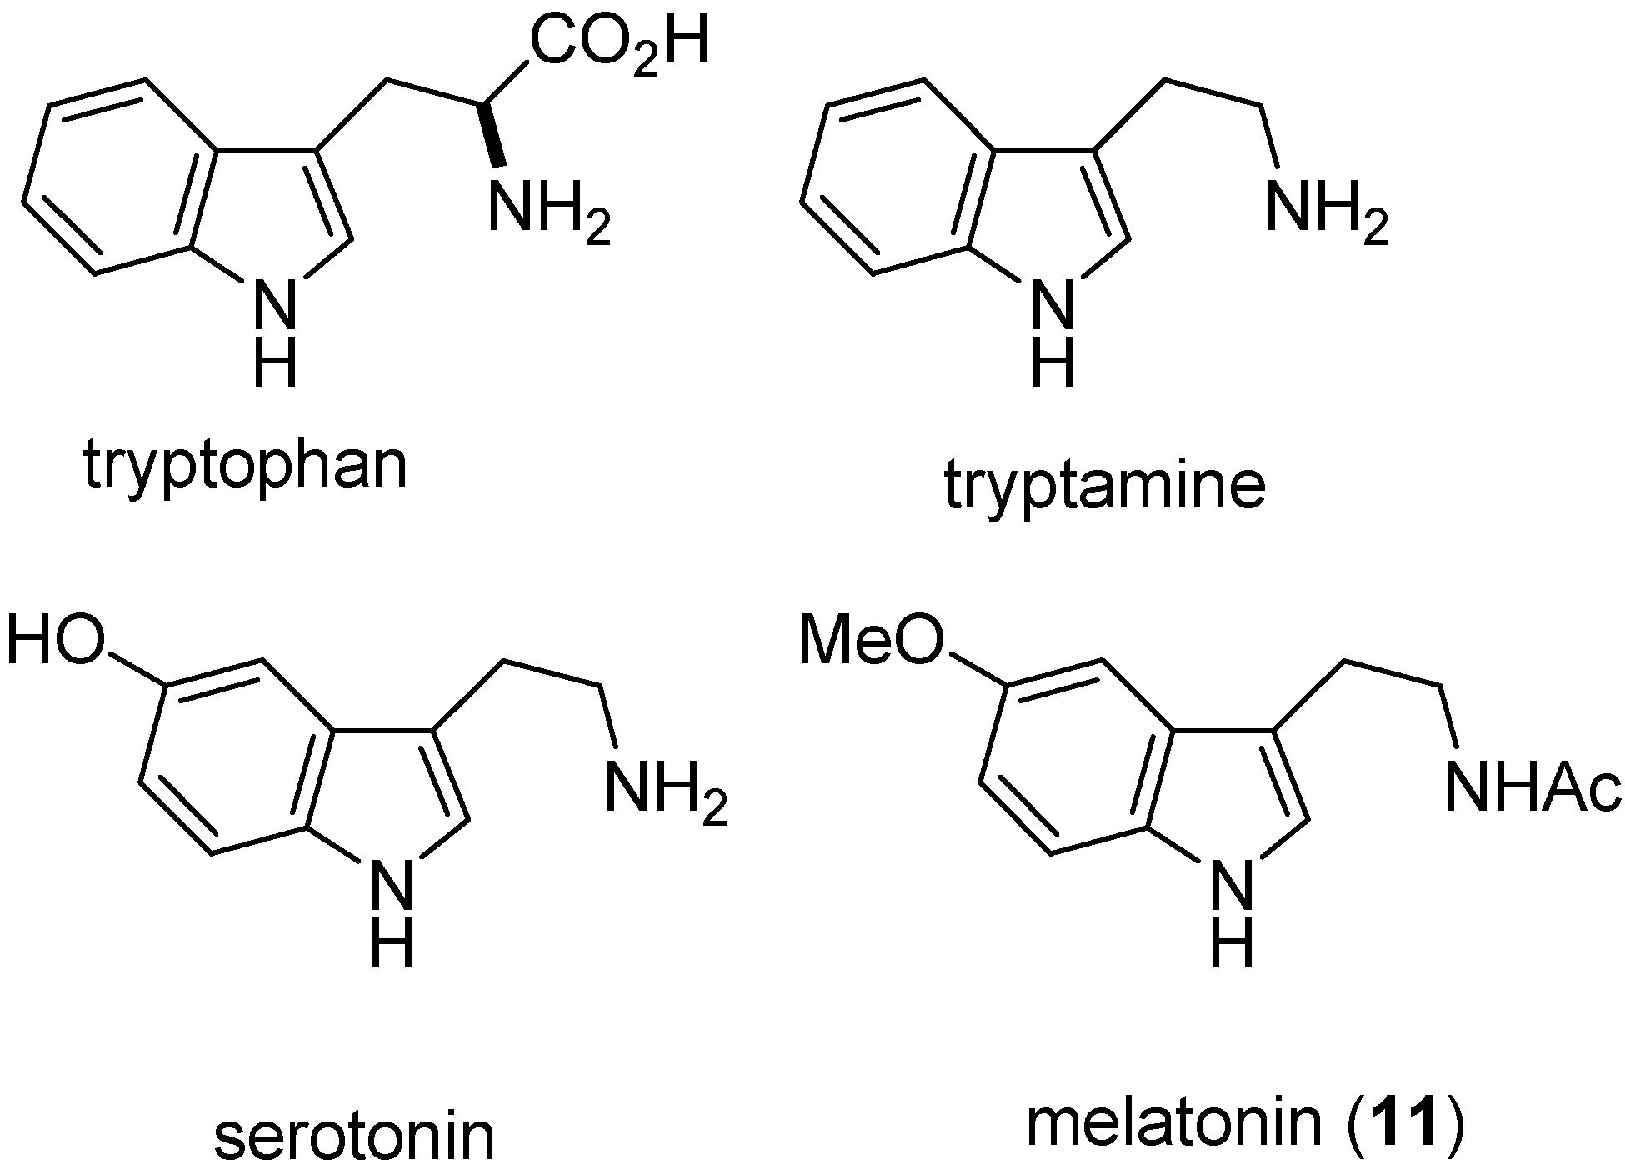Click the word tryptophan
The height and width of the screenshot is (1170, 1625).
pos(246,467)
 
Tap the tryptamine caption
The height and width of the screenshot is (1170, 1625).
pos(1105,487)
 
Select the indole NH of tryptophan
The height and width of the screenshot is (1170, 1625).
pos(275,333)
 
